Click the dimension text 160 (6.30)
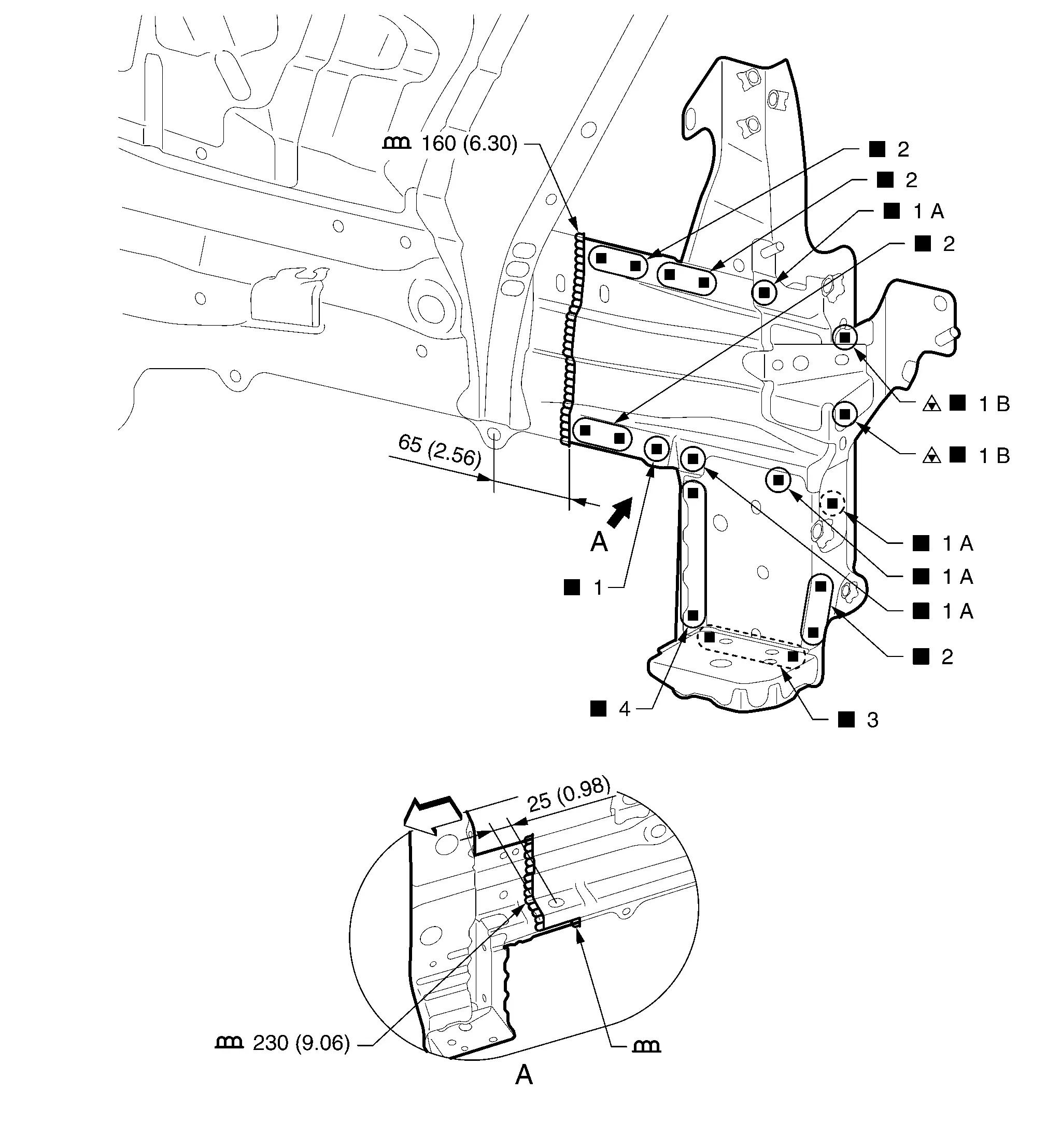469,144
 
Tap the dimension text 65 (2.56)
440,451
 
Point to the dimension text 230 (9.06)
301,1043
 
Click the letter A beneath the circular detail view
524,1075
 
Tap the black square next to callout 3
846,720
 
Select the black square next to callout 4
598,709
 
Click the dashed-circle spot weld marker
832,503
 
